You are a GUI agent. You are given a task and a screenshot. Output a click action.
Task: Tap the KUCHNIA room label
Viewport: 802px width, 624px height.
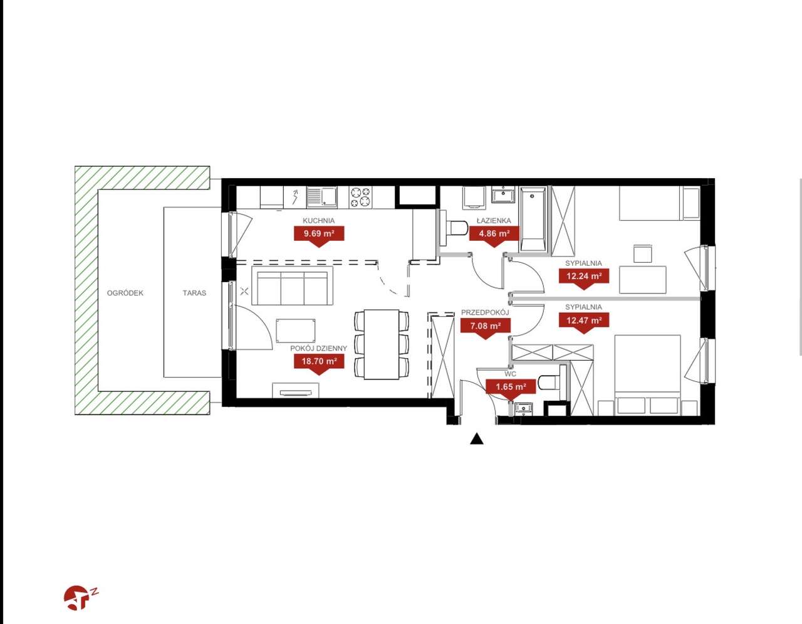318,221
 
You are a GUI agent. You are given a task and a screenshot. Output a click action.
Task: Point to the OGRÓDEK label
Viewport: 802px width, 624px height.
125,293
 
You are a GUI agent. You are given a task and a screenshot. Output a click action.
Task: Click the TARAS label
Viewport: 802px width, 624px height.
194,293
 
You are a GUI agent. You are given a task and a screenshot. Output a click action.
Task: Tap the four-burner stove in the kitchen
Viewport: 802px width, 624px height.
360,196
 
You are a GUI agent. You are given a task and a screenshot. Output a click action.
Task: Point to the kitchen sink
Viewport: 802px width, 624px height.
322,196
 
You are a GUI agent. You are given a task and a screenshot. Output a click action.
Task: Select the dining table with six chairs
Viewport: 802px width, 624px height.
382,344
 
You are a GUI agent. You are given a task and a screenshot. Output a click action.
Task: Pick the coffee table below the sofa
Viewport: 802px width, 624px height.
296,331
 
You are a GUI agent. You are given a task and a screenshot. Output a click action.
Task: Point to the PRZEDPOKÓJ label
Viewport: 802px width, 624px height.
486,313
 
